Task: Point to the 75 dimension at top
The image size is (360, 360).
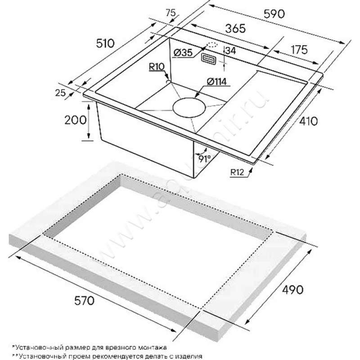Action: tap(171, 13)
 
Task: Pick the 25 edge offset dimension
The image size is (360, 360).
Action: tap(60, 93)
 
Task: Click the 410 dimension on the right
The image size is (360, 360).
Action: tap(308, 121)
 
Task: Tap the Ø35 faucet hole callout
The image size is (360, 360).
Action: tap(182, 53)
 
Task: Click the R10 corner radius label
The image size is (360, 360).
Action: tap(156, 67)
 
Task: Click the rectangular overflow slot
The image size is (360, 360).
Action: tap(209, 58)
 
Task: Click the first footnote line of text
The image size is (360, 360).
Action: tap(90, 347)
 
